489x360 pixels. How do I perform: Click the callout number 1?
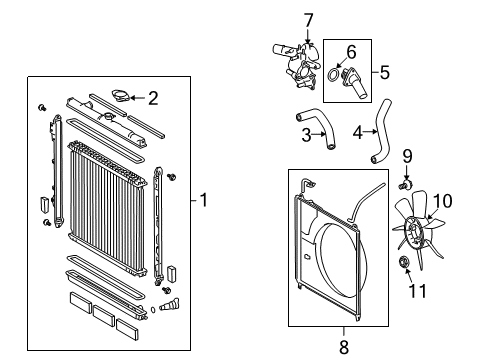203,200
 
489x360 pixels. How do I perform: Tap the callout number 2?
153,98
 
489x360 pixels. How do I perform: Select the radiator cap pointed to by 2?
121,95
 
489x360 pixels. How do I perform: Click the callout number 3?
306,135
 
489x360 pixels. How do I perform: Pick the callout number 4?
358,132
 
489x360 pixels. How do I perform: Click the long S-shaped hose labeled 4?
381,131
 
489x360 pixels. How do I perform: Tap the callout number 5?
385,72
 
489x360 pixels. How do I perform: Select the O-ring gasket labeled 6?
333,75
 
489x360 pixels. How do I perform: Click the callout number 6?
351,52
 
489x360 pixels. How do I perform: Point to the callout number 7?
309,20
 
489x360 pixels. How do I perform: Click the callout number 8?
344,347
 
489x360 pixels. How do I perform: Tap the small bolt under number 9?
405,184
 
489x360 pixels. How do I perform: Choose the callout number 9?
407,156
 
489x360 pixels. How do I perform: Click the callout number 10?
443,201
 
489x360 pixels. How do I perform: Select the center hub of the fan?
414,232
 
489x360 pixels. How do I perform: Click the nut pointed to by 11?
404,262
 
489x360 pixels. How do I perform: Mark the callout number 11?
418,291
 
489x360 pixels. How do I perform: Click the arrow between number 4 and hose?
370,132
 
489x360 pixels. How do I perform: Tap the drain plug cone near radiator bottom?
169,304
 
